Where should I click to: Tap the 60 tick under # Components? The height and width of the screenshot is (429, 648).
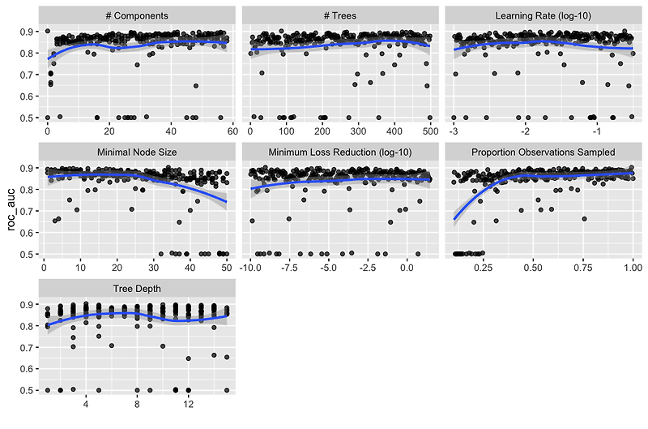tap(232, 131)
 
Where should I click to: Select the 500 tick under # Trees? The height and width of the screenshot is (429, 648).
tap(429, 131)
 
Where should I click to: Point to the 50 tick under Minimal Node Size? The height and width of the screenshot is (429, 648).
tap(226, 268)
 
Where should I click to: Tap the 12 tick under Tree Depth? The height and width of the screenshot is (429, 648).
tap(188, 404)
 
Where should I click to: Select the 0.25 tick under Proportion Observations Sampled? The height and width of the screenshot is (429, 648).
tap(484, 268)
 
